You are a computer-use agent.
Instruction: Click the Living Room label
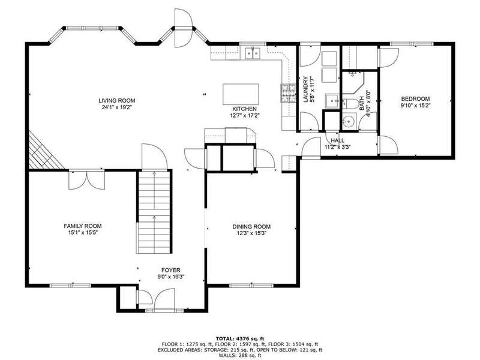click(116, 100)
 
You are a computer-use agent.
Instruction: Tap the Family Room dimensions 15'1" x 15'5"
click(83, 233)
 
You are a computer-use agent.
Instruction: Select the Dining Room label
click(251, 227)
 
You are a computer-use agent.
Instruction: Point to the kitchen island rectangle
click(241, 94)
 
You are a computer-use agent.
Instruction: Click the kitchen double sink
click(253, 53)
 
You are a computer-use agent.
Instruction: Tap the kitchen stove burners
click(289, 93)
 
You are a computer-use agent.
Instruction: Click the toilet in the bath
click(350, 104)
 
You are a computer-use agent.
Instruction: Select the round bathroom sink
click(349, 122)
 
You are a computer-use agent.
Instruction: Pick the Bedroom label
click(415, 98)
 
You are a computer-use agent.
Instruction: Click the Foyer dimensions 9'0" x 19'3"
click(171, 277)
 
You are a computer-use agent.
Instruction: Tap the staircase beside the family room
click(154, 212)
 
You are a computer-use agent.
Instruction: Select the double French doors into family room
click(87, 180)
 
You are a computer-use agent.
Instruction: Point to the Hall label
click(337, 140)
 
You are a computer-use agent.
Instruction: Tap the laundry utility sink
click(332, 101)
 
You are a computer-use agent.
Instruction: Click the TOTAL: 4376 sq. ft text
click(239, 338)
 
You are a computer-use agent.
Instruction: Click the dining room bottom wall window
click(251, 286)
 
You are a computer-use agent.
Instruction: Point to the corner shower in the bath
click(353, 83)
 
